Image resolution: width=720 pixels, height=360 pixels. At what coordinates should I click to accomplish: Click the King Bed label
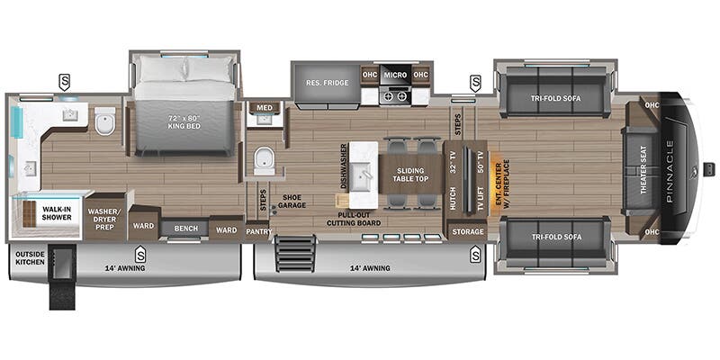click(184, 121)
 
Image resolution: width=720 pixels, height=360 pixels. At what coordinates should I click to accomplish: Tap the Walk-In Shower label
click(57, 213)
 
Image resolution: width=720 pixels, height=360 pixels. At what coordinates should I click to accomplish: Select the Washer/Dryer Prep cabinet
click(105, 216)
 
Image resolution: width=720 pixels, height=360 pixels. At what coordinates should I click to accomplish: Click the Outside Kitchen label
click(30, 258)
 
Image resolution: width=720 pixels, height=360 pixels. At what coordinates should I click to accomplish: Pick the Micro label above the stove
click(395, 75)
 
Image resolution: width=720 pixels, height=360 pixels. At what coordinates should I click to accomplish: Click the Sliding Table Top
click(410, 175)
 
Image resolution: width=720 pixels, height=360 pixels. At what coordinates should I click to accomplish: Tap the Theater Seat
click(643, 170)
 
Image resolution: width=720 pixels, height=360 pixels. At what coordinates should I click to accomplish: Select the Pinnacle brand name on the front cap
click(669, 170)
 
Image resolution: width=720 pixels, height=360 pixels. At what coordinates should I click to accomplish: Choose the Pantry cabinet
click(259, 231)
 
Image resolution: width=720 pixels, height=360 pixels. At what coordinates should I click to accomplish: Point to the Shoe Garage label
click(291, 202)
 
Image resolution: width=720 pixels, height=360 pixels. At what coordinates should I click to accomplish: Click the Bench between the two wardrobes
click(186, 229)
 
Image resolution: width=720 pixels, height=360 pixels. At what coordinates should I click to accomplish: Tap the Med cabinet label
click(265, 107)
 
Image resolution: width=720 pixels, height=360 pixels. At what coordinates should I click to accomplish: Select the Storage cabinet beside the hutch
click(467, 231)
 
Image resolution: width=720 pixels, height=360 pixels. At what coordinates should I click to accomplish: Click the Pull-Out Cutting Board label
click(354, 219)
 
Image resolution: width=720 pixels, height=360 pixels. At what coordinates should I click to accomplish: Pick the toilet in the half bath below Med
click(264, 161)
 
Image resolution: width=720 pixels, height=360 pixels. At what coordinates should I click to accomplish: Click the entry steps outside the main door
click(296, 253)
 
